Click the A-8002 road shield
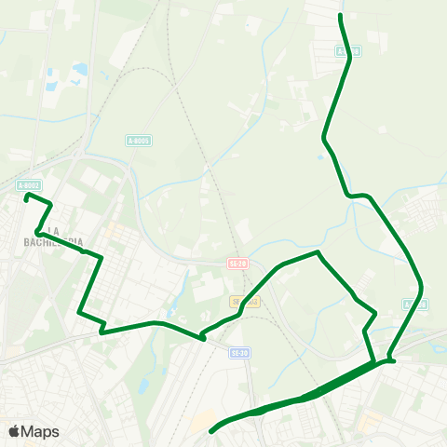[29, 185]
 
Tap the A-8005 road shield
[138, 141]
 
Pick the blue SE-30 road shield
[239, 353]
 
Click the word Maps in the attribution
[40, 431]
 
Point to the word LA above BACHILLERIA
[53, 230]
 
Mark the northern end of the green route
[341, 16]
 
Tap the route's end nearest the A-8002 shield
[26, 196]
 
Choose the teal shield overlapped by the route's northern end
[348, 51]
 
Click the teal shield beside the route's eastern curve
[415, 305]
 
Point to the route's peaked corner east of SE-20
[318, 252]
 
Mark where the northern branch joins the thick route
[389, 359]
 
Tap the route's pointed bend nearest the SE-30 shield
[202, 339]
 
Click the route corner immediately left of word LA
[37, 231]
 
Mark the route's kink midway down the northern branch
[324, 140]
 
